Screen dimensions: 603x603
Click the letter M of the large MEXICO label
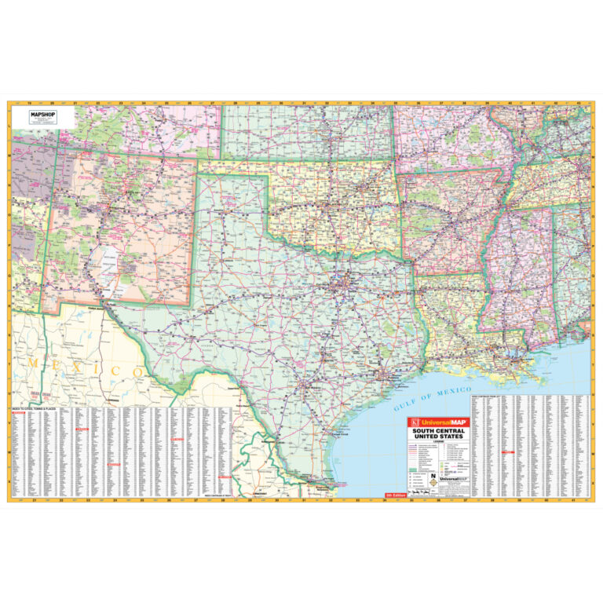pyautogui.click(x=34, y=364)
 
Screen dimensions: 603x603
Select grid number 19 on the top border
pyautogui.click(x=29, y=104)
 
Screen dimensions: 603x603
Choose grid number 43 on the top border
pyautogui.click(x=578, y=104)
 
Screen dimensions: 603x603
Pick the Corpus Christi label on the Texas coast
pyautogui.click(x=338, y=434)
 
